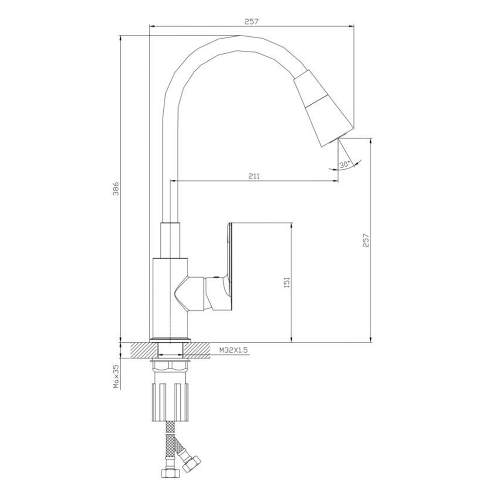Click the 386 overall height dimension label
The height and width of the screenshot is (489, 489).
tap(116, 189)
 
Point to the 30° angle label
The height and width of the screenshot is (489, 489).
tap(345, 164)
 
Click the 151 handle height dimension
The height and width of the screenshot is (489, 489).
tap(287, 282)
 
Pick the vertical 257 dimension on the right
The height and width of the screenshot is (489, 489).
tap(366, 240)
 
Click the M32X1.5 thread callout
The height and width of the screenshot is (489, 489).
tap(233, 350)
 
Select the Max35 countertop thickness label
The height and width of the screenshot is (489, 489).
tap(116, 377)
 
